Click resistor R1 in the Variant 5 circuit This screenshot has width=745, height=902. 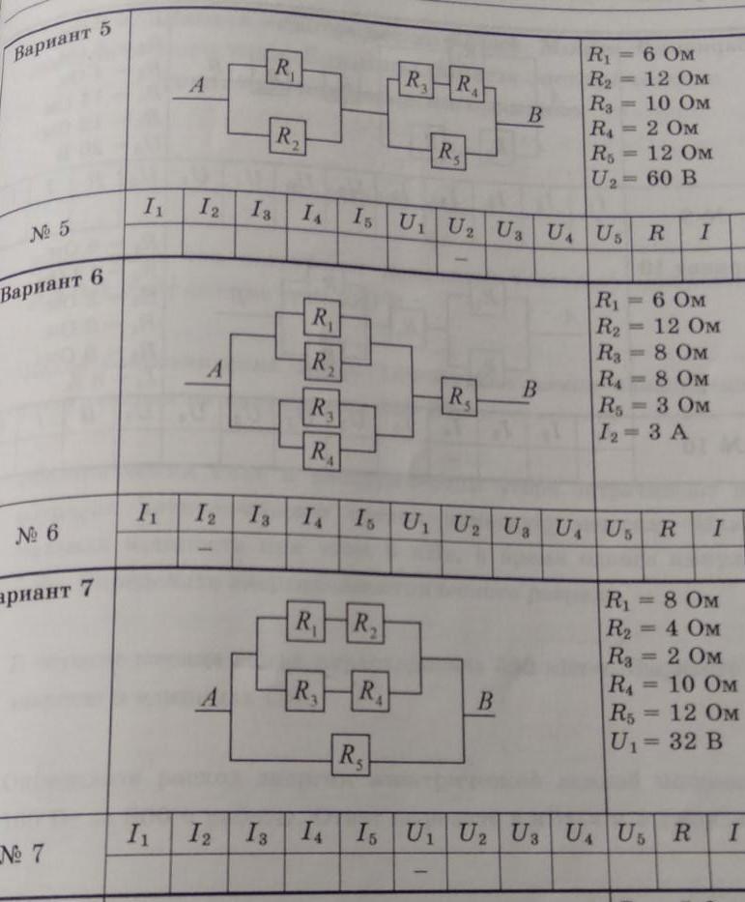click(x=284, y=70)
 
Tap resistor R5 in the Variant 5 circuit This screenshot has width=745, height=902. click(x=449, y=152)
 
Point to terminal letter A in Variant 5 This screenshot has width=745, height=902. click(x=200, y=86)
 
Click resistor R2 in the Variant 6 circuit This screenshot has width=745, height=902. click(x=322, y=362)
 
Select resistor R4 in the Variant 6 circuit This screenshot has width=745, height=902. click(x=322, y=451)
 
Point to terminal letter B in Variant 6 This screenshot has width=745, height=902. click(x=529, y=391)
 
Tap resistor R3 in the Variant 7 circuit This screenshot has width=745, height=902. click(x=305, y=691)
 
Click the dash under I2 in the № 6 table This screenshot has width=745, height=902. click(x=205, y=547)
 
